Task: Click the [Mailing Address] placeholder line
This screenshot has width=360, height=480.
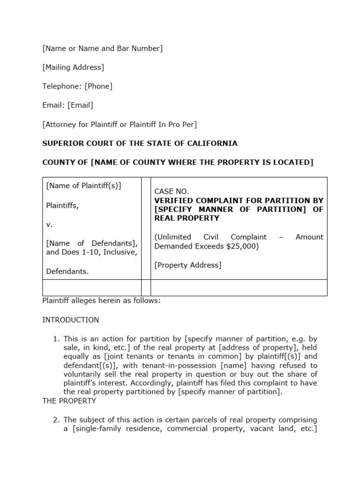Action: point(73,67)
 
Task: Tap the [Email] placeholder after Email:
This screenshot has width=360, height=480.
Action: point(80,105)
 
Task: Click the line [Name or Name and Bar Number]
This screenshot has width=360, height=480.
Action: point(102,48)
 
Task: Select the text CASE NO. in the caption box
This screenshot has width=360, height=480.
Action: point(172,191)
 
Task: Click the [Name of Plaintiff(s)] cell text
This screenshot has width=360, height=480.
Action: point(83,186)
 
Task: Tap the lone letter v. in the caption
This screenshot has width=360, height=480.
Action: point(49,225)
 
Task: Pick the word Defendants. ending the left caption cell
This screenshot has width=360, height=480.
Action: point(67,271)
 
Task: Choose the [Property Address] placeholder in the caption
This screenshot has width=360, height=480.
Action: point(187,265)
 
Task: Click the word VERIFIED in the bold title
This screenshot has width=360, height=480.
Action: point(173,201)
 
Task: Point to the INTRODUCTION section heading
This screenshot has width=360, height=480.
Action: point(70,320)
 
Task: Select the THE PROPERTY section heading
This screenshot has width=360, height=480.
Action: point(69,401)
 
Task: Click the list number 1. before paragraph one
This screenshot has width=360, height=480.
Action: point(56,338)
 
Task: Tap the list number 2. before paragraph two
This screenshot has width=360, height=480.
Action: point(56,420)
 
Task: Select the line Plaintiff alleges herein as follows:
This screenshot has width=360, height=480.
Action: point(101,301)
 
